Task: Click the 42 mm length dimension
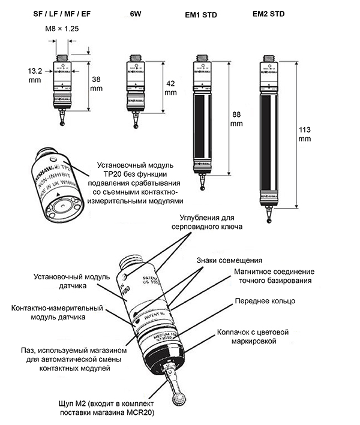coord(170,88)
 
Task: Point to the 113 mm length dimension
coord(307,134)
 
